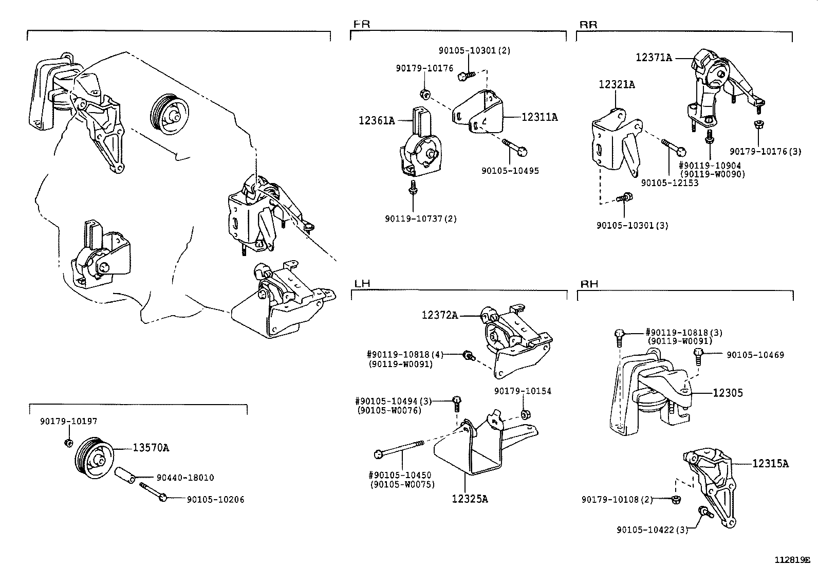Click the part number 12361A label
tap(377, 121)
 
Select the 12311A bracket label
tap(540, 117)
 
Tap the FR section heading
tap(362, 24)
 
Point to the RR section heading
tap(588, 24)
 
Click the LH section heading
tap(362, 284)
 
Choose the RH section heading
tap(589, 284)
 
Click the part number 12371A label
tap(654, 58)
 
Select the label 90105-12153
tap(670, 183)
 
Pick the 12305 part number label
tap(728, 393)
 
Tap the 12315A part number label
tap(770, 463)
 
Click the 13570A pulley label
tap(151, 448)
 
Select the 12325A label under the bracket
tap(470, 498)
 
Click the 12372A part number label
tap(440, 315)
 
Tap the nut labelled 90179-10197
tap(68, 443)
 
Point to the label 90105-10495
tap(510, 170)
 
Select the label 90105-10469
tap(755, 355)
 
